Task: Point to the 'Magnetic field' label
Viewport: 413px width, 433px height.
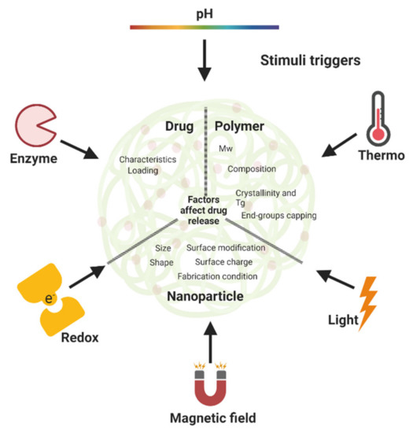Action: click(205, 418)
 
